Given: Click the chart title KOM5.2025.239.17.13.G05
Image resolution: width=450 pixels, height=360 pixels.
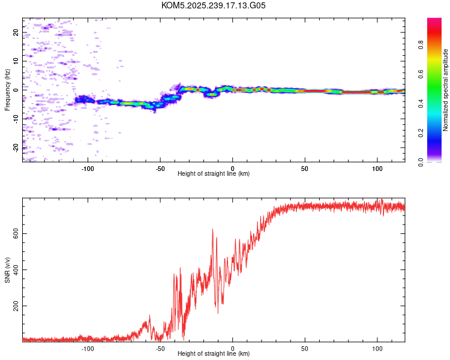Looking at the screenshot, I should point(214,5).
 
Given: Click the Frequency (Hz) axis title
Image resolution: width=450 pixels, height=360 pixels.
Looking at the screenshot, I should point(7,89).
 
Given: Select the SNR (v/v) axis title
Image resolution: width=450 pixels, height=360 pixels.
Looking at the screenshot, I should point(7,269).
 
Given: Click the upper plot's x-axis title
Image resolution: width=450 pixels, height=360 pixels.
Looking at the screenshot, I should point(214,173).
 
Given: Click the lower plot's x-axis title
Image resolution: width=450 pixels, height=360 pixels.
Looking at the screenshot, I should point(214,353).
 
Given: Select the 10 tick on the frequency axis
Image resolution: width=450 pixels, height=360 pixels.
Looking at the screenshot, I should point(16,61).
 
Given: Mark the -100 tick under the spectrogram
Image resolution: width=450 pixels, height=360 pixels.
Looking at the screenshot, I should point(88,167).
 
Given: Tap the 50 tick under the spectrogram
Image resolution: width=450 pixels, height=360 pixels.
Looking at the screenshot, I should point(305,167).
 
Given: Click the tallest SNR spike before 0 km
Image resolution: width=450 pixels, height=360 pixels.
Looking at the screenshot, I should point(212,230).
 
